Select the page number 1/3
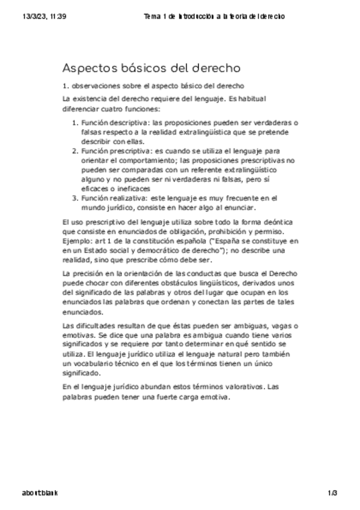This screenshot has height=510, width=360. pyautogui.click(x=334, y=493)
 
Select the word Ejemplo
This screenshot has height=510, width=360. pyautogui.click(x=78, y=241)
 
